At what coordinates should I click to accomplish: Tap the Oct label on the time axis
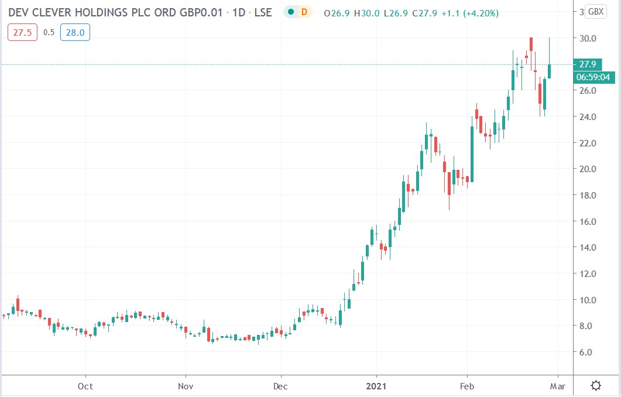pos(85,386)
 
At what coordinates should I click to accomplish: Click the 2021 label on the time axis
pos(376,386)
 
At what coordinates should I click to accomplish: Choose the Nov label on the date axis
pos(186,386)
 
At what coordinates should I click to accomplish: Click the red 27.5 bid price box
pos(19,33)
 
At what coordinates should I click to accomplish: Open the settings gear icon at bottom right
pos(596,385)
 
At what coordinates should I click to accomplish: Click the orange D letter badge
pos(303,12)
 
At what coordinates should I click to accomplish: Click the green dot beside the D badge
pos(290,12)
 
